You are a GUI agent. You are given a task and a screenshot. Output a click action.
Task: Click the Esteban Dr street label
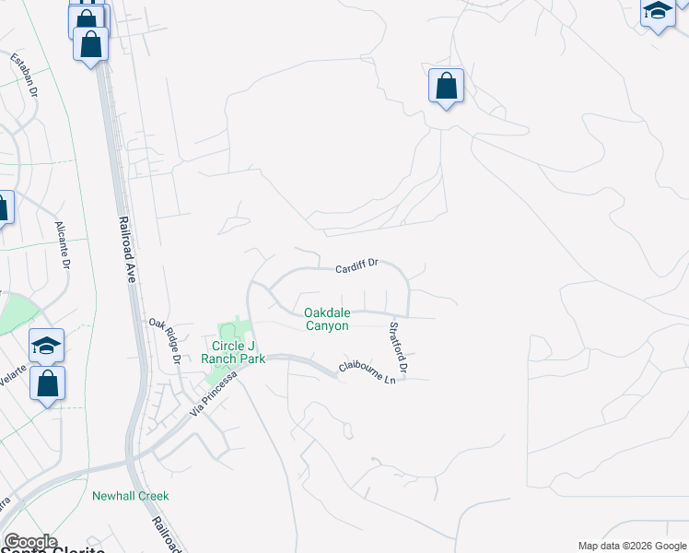point(25,76)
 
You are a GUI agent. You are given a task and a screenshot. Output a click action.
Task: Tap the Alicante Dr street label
point(63,245)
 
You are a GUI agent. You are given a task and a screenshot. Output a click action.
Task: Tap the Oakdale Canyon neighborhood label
point(327,319)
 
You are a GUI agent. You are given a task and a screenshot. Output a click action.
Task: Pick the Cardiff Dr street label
point(357,265)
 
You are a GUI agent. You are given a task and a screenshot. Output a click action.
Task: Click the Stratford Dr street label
point(397,348)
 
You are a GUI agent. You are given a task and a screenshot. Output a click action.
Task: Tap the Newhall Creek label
point(131,496)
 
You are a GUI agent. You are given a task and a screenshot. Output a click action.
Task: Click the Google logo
point(30,542)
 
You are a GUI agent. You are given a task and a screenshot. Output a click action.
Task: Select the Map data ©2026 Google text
point(632,546)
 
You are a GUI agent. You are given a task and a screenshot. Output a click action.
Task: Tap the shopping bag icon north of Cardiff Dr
point(446,86)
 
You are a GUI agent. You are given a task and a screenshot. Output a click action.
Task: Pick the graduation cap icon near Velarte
point(46,346)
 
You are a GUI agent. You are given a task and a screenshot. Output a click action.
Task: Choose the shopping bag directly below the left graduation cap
point(48,382)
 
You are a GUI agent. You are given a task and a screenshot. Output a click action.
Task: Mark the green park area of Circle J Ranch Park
point(226,332)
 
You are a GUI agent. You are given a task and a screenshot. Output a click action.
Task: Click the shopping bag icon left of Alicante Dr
point(3,207)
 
